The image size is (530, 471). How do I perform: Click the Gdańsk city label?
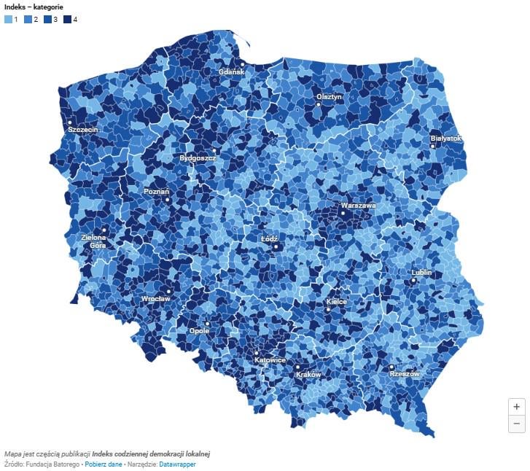231,72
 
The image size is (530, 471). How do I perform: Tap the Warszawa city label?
358,206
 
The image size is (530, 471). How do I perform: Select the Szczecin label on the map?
82,129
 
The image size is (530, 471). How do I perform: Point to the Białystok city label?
445,138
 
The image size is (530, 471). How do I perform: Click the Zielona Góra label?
93,241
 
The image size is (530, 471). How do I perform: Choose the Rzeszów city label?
405,374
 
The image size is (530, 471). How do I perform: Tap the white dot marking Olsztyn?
319,105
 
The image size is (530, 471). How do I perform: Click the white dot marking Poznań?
167,200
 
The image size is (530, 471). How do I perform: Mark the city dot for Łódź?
276,247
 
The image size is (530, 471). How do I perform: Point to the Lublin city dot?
413,281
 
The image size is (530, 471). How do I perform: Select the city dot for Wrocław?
168,290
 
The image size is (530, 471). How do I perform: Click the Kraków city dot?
297,367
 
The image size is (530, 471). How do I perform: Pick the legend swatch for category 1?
8,19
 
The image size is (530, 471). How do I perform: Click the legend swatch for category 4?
67,19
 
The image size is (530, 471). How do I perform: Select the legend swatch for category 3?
47,19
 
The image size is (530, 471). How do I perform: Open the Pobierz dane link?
104,464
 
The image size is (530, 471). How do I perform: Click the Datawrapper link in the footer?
178,464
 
